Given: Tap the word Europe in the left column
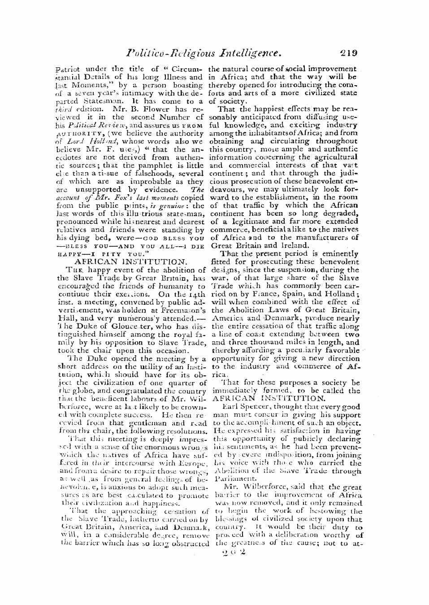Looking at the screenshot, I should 193,463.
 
